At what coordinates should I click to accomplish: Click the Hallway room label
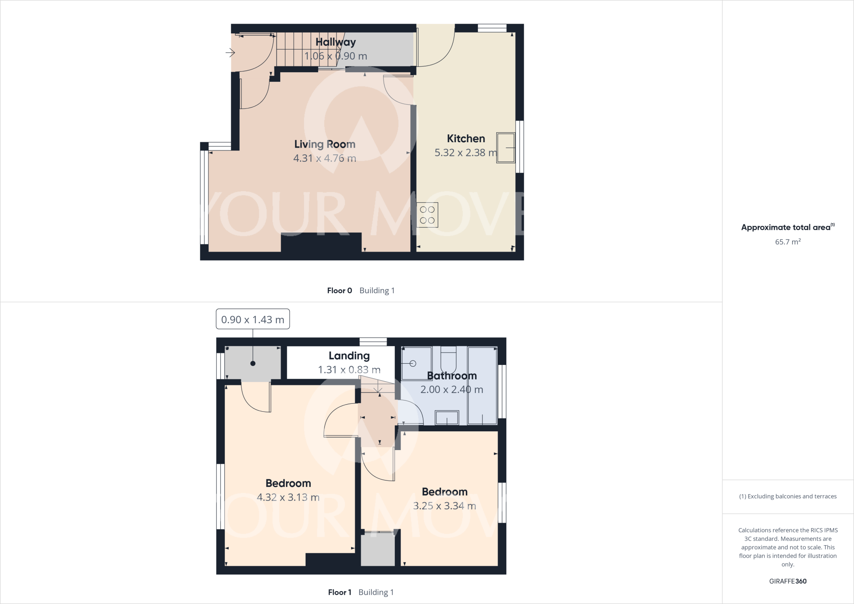335,42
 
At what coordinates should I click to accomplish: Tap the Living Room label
324,144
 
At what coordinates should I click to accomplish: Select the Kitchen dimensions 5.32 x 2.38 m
465,153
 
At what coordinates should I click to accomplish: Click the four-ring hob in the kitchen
427,215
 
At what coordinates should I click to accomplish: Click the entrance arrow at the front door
230,53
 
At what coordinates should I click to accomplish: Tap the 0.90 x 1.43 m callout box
252,320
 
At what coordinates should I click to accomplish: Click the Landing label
349,356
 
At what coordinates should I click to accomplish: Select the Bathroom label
452,376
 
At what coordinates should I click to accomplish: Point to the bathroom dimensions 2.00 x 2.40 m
452,390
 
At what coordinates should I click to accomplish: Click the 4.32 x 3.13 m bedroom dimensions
288,497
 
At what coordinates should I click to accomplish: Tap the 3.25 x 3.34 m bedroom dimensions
445,506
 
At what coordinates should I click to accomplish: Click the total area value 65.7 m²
788,242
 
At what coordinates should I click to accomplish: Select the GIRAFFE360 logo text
788,581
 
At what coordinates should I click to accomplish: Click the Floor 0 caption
339,291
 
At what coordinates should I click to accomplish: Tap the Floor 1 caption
339,592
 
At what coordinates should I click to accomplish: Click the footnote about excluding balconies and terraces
788,496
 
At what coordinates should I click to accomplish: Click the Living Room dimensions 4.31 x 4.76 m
324,159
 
